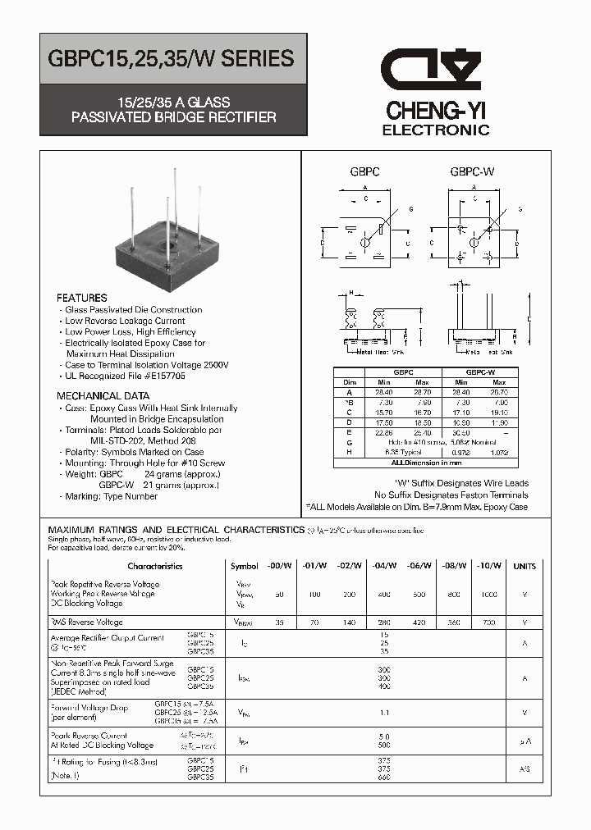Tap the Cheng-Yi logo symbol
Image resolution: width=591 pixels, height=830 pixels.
coord(435,70)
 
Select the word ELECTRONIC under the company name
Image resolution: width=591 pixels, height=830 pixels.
coord(436,130)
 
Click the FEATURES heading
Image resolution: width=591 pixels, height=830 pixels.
coord(82,298)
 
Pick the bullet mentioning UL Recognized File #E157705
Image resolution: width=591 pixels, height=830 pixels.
coord(125,375)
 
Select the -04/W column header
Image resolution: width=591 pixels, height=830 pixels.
coord(385,566)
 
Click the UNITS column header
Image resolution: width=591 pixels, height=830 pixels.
coord(524,566)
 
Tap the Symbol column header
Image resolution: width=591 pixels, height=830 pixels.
coord(244,566)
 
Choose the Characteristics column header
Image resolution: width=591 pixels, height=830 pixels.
coord(155,566)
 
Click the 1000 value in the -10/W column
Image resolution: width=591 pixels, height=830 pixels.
coord(488,593)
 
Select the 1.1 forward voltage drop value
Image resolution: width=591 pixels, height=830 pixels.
coord(385,713)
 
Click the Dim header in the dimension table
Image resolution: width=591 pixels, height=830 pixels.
coord(350,381)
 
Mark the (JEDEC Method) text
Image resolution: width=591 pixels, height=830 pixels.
coord(84,691)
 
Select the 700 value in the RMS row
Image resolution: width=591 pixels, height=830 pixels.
coord(488,623)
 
